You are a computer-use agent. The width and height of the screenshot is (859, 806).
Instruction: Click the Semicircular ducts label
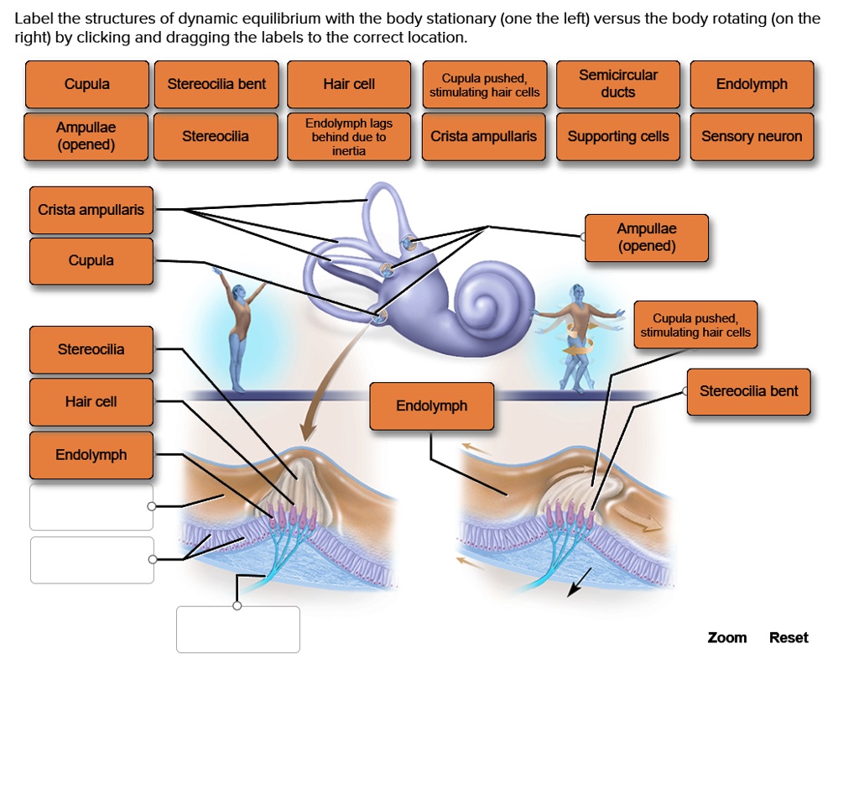[618, 84]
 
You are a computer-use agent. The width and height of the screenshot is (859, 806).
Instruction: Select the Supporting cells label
[618, 136]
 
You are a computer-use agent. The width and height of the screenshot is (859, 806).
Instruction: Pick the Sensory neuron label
[752, 136]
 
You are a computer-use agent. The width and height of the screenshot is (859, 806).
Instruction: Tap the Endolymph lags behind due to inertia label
[349, 136]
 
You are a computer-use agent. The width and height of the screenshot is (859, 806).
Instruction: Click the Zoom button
[727, 637]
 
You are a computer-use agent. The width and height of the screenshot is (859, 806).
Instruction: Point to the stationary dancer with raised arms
[240, 327]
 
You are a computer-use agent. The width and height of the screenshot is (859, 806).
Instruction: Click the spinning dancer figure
[577, 336]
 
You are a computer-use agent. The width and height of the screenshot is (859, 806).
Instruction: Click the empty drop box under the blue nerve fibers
[238, 629]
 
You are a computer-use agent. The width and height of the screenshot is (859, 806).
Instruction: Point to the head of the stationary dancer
[240, 291]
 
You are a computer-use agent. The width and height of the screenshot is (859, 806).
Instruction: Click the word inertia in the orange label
[349, 151]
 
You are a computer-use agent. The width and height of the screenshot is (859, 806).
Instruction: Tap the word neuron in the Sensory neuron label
[779, 136]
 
